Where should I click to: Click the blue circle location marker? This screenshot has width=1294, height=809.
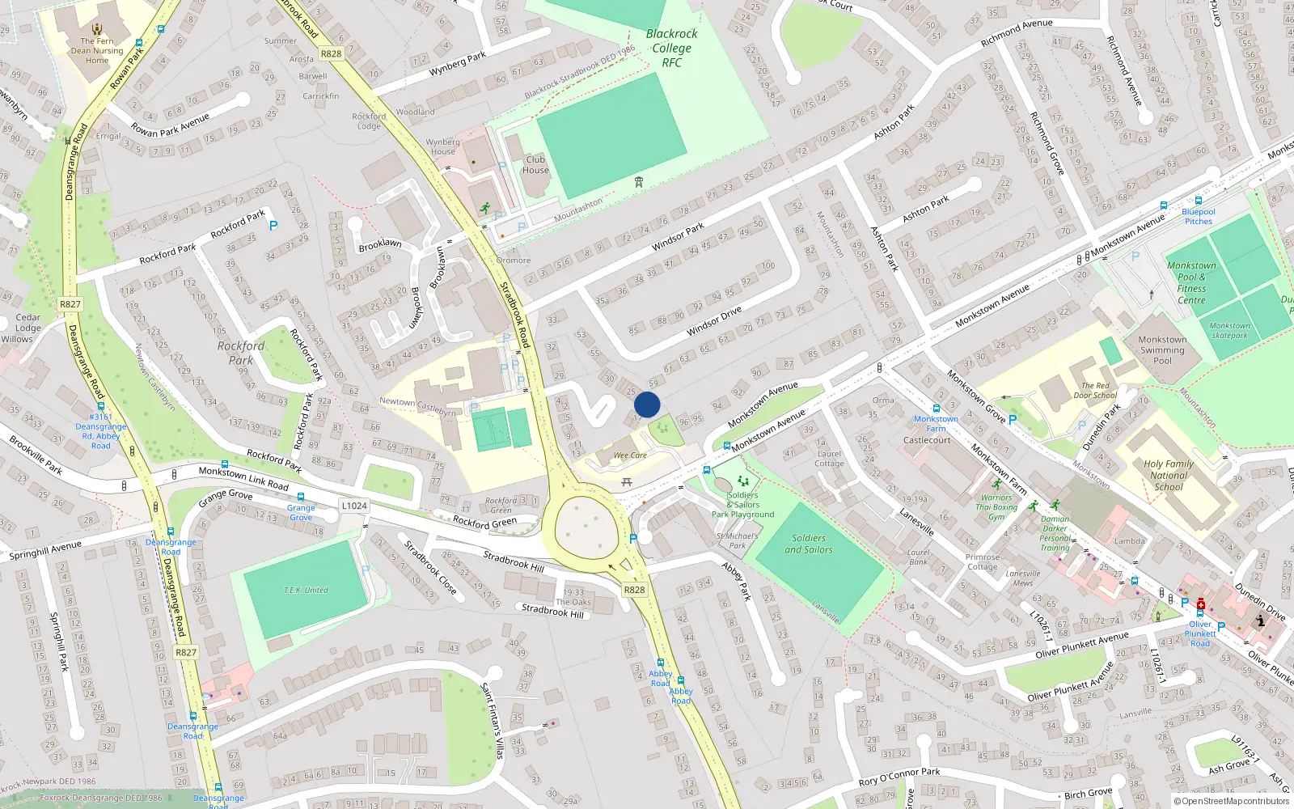(647, 404)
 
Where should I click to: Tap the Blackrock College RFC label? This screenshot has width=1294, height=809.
(671, 48)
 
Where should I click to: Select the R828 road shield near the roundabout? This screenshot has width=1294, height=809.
(634, 590)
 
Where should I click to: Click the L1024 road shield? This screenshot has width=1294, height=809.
(354, 506)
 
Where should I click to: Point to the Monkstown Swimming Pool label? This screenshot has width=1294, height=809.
(1162, 350)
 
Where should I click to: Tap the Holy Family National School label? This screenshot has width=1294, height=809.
(1168, 476)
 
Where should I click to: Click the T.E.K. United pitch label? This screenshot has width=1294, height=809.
(306, 591)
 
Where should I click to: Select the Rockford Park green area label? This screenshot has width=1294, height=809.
(240, 353)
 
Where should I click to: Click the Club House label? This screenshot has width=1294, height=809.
(535, 165)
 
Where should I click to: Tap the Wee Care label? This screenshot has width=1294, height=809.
(630, 455)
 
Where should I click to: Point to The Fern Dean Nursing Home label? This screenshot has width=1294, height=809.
(97, 50)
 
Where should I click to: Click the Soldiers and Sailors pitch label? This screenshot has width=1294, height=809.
(809, 544)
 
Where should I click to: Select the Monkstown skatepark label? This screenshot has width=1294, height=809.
(1229, 330)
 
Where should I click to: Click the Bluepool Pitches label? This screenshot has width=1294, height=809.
(1199, 217)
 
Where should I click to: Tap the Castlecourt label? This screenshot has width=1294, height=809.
(927, 440)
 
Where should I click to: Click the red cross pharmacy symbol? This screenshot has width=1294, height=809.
(1201, 604)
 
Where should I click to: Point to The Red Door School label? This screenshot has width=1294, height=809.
(1095, 391)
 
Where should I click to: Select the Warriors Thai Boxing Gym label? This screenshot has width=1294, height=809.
(996, 507)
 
